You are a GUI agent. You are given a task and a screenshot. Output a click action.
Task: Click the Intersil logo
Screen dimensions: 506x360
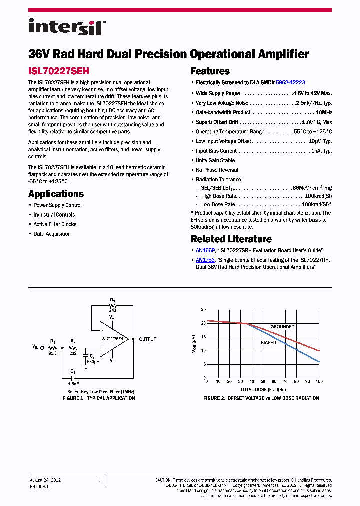65,26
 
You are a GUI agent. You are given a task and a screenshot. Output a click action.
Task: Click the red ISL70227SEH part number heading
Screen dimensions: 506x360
59,71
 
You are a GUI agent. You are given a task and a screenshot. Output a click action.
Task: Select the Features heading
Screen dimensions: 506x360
210,71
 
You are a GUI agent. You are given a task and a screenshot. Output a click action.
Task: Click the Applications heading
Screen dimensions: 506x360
56,194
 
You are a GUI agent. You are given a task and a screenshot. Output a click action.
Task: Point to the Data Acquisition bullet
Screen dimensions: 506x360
52,234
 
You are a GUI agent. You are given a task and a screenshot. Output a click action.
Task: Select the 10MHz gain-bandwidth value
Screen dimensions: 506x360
324,113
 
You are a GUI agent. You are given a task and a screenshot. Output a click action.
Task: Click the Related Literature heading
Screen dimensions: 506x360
231,239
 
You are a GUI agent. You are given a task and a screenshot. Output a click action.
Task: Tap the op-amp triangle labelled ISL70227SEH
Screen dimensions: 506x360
114,339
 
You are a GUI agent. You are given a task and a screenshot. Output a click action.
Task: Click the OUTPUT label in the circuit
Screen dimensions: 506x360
147,339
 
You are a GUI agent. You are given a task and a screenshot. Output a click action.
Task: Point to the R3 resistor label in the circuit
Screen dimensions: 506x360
112,301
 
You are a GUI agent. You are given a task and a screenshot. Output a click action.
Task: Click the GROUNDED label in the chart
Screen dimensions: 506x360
282,327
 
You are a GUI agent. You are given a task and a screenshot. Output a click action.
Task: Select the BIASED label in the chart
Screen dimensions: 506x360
268,343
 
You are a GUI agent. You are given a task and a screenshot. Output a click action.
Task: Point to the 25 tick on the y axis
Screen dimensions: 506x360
203,310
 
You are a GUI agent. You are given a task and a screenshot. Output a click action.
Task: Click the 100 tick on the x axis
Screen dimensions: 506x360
319,382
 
